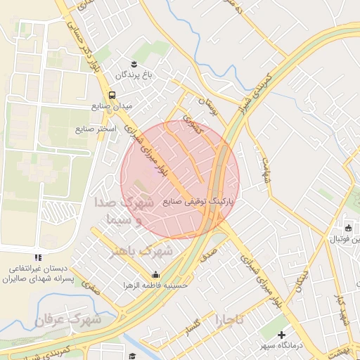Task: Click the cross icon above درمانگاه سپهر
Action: pos(282,334)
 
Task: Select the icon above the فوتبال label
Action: pos(348,228)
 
